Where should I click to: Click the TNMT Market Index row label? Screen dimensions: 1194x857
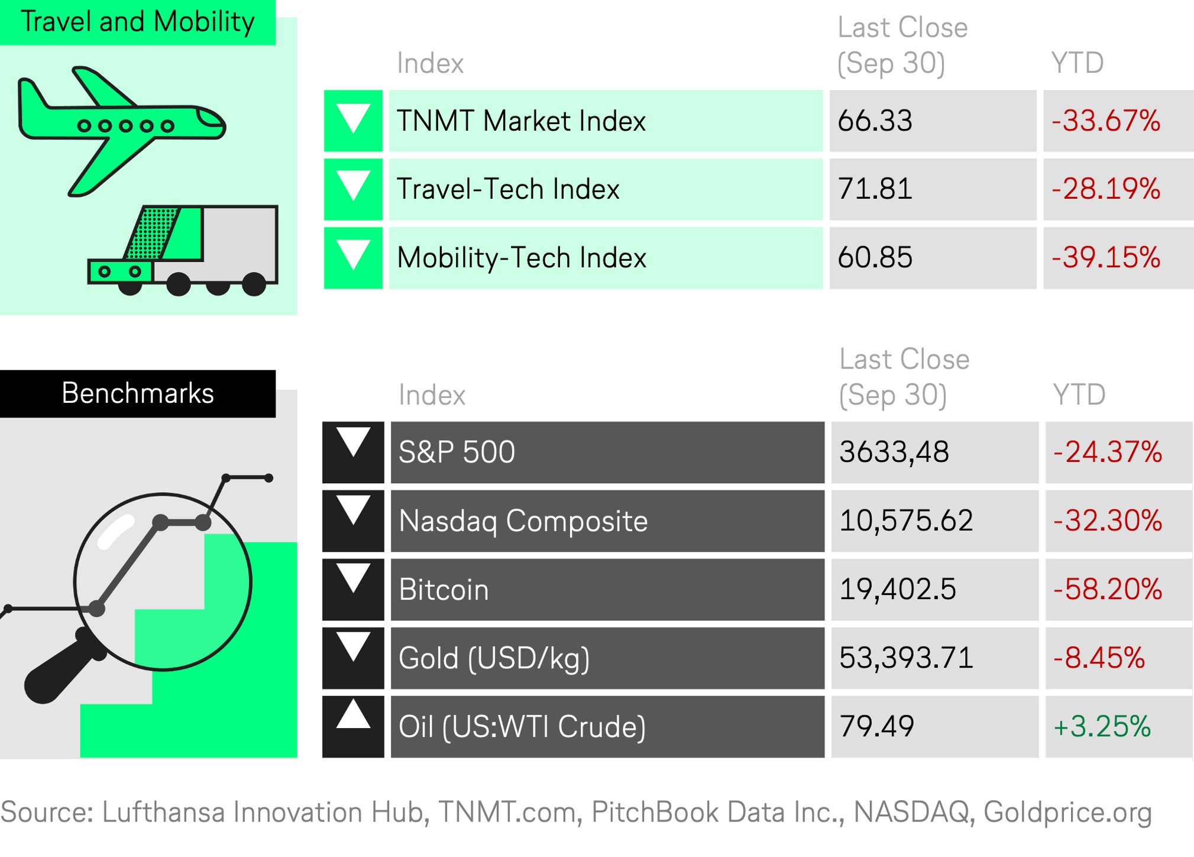pos(521,121)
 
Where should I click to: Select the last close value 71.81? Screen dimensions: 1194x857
pos(875,189)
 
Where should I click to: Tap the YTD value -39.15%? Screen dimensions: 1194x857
pos(1105,258)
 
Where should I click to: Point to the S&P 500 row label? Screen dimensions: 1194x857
pos(457,452)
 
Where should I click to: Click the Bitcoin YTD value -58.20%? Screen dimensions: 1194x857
pos(1107,590)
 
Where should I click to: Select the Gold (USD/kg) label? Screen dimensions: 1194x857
pos(494,659)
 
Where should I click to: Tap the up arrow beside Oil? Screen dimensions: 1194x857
pos(353,713)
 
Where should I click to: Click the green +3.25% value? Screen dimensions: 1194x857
pos(1102,727)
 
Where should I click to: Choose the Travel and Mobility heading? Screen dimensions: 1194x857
pos(137,22)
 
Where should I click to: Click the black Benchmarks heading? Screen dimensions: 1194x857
pos(138,393)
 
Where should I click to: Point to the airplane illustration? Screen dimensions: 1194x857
pos(121,131)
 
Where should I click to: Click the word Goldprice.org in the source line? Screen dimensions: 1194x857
pos(1067,813)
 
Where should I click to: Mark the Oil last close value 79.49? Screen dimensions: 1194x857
pos(876,727)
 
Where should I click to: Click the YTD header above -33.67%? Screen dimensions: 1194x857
pos(1077,63)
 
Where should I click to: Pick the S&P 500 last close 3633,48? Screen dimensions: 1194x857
pos(894,452)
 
